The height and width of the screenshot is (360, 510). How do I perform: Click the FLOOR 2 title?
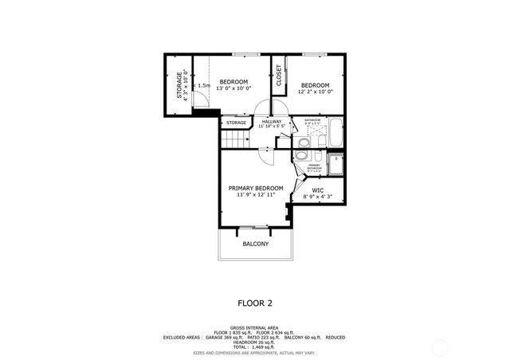pyautogui.click(x=255, y=303)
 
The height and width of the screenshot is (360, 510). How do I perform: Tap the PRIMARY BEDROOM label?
pyautogui.click(x=256, y=188)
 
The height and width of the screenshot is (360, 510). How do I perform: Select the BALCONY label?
pyautogui.click(x=256, y=244)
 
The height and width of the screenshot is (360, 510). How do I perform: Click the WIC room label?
pyautogui.click(x=317, y=190)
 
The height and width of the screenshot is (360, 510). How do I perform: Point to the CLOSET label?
pyautogui.click(x=279, y=76)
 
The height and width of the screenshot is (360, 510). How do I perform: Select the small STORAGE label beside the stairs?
pyautogui.click(x=235, y=123)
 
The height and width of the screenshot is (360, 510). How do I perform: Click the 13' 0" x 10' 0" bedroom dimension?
pyautogui.click(x=233, y=88)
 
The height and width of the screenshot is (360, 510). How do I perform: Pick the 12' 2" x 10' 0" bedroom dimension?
pyautogui.click(x=316, y=92)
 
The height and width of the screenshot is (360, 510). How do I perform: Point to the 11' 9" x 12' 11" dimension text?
pyautogui.click(x=256, y=195)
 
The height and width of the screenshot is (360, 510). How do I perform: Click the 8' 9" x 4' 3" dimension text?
pyautogui.click(x=317, y=197)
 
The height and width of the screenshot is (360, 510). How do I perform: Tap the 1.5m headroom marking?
pyautogui.click(x=204, y=85)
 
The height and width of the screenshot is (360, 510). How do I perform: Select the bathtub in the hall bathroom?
pyautogui.click(x=334, y=133)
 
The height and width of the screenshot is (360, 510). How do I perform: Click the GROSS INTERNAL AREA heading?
pyautogui.click(x=255, y=327)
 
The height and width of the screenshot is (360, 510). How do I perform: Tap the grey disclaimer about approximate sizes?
pyautogui.click(x=255, y=352)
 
